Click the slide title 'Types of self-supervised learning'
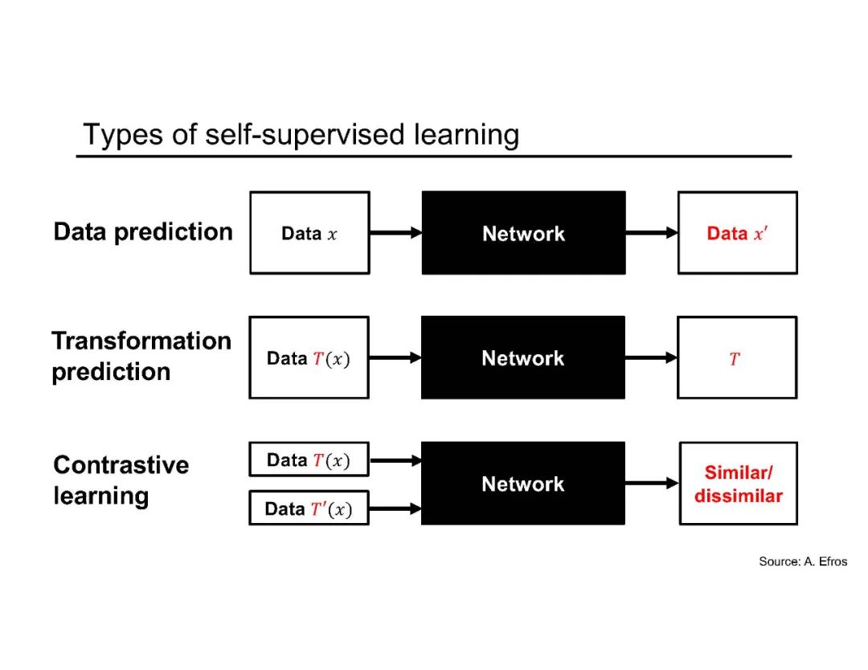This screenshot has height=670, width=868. click(x=301, y=134)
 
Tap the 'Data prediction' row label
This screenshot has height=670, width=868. click(x=143, y=232)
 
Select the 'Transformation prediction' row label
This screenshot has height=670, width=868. click(x=141, y=356)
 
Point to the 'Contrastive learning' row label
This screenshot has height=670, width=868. click(x=121, y=480)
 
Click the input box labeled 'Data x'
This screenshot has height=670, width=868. click(x=309, y=233)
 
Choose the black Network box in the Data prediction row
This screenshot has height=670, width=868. click(x=523, y=233)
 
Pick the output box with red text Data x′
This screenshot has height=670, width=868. click(x=737, y=233)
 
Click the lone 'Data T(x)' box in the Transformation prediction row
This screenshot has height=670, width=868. click(x=309, y=357)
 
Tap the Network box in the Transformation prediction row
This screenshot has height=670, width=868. click(x=523, y=357)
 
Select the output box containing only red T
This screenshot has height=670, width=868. click(x=737, y=357)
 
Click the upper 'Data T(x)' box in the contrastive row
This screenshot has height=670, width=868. click(x=309, y=460)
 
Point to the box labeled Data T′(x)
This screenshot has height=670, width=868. click(x=309, y=508)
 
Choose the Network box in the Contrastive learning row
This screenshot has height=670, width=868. click(x=523, y=484)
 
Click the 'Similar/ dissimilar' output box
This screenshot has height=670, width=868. click(x=738, y=484)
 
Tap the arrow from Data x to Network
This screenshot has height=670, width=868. click(x=395, y=233)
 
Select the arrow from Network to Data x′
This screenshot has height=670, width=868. click(x=651, y=233)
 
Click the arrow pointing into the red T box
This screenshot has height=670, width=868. click(x=651, y=357)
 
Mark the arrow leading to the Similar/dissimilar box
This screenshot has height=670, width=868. click(x=652, y=484)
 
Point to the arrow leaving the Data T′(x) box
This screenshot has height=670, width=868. click(x=395, y=508)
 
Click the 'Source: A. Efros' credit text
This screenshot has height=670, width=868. click(x=802, y=562)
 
